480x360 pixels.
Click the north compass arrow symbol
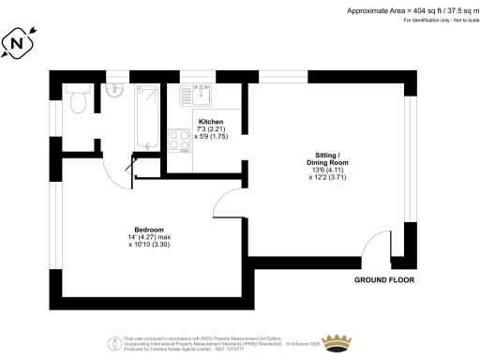(19, 42)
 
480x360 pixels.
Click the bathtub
(146, 116)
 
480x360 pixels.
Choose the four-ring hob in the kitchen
(177, 142)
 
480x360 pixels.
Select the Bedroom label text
(149, 230)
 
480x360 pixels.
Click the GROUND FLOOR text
(384, 280)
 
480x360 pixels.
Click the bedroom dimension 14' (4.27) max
(149, 238)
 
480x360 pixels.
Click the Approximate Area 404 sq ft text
(406, 10)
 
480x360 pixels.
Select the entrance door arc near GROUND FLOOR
(377, 245)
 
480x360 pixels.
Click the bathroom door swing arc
(116, 167)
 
